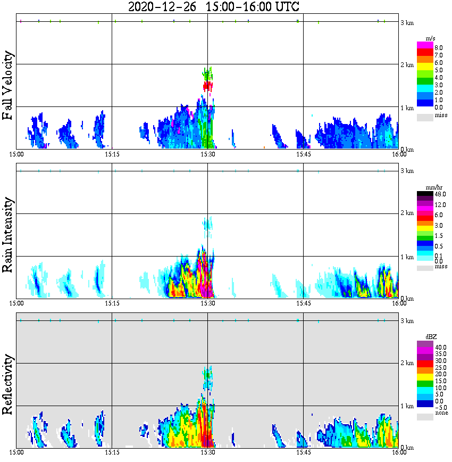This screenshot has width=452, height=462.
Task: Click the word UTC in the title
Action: click(286, 7)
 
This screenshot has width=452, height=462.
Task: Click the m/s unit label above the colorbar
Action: click(430, 38)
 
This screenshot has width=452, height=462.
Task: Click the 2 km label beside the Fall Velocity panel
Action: click(407, 65)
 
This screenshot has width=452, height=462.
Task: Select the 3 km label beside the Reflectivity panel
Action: click(407, 321)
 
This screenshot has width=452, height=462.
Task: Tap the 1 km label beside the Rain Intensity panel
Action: click(407, 257)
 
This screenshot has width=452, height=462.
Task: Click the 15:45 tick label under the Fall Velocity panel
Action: click(303, 154)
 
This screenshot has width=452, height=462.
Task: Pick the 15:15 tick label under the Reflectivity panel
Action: click(112, 452)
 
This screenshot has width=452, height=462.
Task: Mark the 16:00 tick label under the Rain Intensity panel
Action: click(399, 303)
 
